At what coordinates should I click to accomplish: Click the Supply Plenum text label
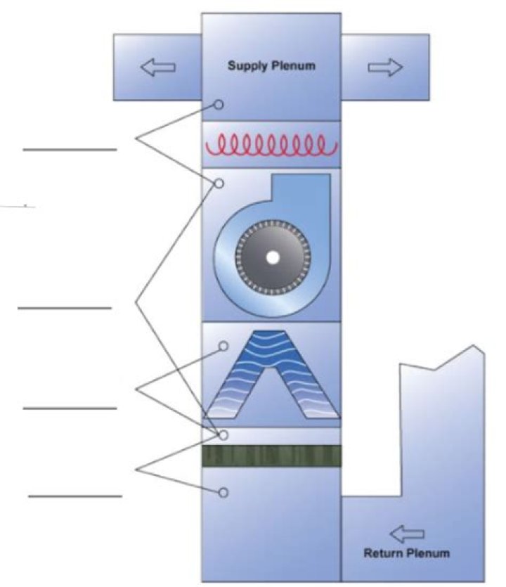[271, 66]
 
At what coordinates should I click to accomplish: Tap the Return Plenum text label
[406, 553]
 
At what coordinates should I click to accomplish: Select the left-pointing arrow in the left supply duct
[157, 67]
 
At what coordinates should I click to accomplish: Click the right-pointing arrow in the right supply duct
[386, 67]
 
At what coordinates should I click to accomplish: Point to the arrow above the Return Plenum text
[407, 535]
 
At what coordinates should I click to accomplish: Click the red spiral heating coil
[271, 146]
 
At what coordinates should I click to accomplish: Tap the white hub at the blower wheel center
[272, 258]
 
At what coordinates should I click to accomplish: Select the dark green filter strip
[271, 456]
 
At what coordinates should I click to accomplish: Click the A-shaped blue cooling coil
[271, 376]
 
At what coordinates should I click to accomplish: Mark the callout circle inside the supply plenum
[219, 105]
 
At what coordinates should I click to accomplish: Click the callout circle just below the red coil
[219, 183]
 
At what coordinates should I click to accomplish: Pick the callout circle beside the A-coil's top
[223, 346]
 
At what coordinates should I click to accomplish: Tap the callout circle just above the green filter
[223, 435]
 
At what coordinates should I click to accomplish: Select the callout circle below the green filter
[223, 493]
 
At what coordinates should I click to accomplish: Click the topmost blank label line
[70, 150]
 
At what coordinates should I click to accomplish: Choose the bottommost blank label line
[74, 496]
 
